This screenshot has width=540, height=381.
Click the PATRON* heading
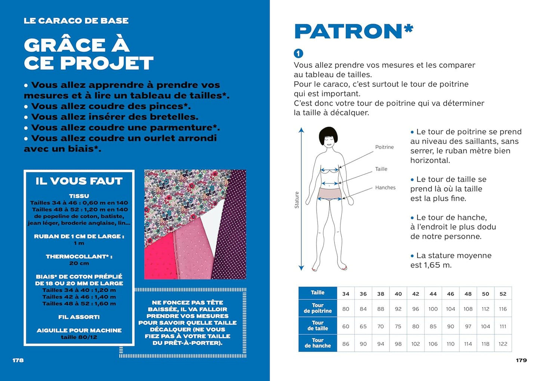[353, 31]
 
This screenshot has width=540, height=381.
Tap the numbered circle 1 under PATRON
[298, 53]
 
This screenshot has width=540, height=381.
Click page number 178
[18, 360]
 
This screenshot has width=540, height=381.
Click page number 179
[521, 360]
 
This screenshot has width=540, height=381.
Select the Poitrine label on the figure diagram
[384, 147]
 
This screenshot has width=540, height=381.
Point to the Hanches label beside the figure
[385, 188]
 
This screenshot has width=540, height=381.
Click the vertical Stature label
[297, 200]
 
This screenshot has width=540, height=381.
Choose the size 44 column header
[433, 294]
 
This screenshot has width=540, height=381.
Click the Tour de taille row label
[318, 326]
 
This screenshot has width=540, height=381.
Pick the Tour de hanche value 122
[503, 344]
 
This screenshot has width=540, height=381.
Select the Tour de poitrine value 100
[433, 309]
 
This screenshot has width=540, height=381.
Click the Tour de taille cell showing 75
[398, 326]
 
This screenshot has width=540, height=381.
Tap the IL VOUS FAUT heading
[79, 181]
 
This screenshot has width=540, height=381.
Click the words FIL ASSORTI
[79, 317]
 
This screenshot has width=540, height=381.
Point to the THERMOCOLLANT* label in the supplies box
[79, 257]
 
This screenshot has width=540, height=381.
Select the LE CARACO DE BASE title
[76, 21]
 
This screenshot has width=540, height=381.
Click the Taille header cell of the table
[318, 293]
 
